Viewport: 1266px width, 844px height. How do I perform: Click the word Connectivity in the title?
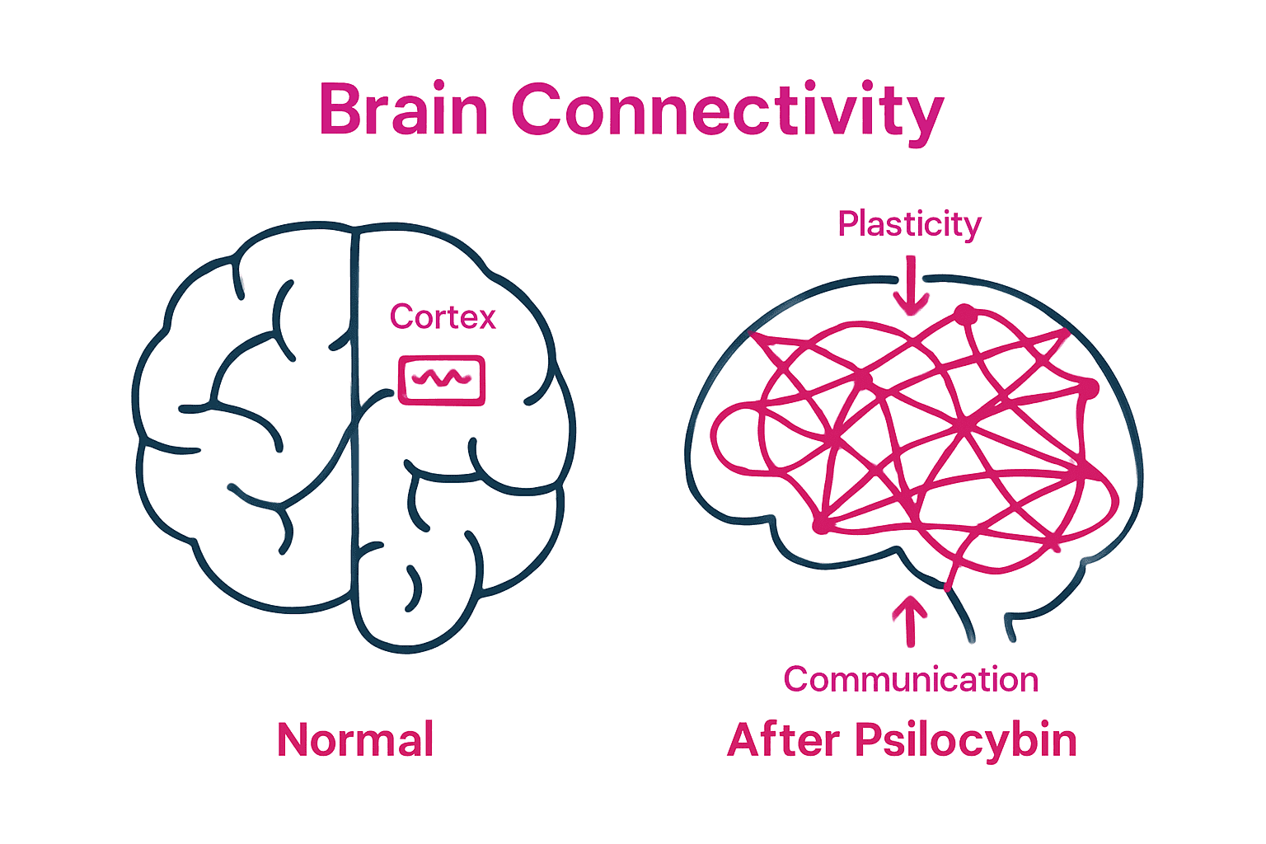727,111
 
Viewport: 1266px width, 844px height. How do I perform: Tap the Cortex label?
443,317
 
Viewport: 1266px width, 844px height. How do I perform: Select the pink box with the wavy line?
442,380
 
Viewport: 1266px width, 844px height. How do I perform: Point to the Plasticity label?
909,224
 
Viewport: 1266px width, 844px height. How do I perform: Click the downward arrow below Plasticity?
911,288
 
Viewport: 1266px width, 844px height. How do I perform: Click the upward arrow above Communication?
910,620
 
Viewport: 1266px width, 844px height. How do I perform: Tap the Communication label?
911,680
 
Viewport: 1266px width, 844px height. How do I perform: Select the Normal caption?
355,740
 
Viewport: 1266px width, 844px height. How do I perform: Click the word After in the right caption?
784,740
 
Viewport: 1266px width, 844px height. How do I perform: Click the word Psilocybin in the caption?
965,741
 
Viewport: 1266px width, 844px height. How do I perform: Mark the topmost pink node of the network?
964,315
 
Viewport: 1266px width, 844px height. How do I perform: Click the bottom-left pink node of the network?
821,524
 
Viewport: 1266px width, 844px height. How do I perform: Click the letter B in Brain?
338,110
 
